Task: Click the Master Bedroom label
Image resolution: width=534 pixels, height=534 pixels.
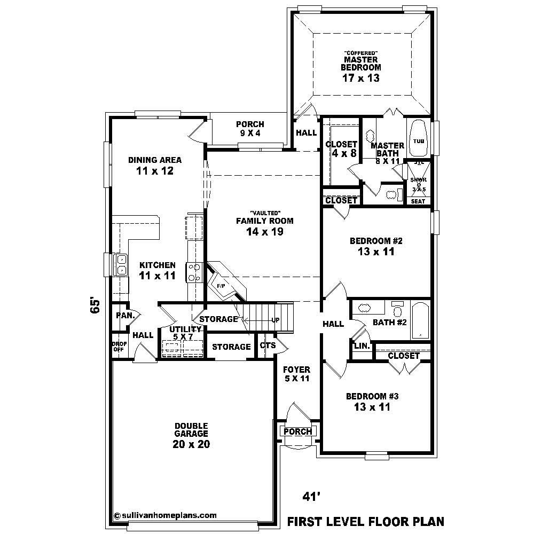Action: pyautogui.click(x=361, y=64)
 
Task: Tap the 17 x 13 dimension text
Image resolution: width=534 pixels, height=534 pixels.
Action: pyautogui.click(x=361, y=78)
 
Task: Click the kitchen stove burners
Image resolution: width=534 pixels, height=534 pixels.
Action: pyautogui.click(x=193, y=272)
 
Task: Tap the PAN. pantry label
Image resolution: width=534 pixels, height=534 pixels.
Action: pyautogui.click(x=124, y=315)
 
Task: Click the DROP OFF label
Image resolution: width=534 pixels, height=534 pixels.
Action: pyautogui.click(x=117, y=347)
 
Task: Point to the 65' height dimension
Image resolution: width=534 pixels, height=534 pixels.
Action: pyautogui.click(x=96, y=305)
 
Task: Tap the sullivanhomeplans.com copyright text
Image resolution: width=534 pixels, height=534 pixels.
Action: pyautogui.click(x=166, y=515)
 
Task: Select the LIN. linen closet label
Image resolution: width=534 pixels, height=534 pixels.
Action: pyautogui.click(x=362, y=346)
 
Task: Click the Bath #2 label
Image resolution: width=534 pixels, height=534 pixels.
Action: pyautogui.click(x=390, y=323)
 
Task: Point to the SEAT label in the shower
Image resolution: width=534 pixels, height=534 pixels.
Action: pyautogui.click(x=418, y=201)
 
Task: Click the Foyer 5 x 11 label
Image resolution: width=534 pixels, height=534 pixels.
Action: pyautogui.click(x=296, y=374)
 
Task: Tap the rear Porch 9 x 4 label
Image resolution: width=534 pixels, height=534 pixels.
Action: pyautogui.click(x=250, y=129)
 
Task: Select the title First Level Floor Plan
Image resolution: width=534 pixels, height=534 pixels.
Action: pyautogui.click(x=366, y=521)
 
